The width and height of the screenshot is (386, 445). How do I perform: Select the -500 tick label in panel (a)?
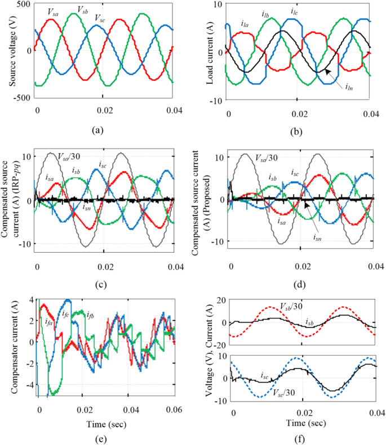tap(22, 97)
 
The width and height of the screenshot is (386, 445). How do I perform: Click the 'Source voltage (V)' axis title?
tap(12, 51)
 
